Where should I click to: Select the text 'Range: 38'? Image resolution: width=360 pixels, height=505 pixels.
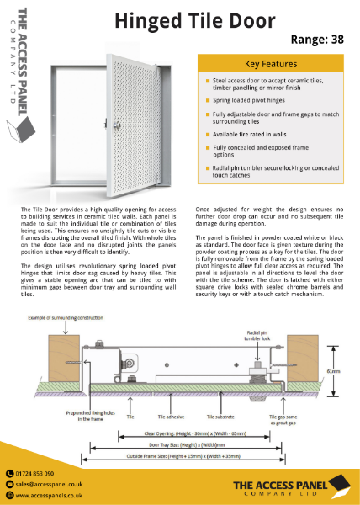[x=317, y=39]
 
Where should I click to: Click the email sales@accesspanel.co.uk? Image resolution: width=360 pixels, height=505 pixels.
[x=50, y=485]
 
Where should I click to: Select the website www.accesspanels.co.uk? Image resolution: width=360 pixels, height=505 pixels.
[x=52, y=496]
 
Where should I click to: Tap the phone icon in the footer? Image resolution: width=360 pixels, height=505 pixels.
[x=9, y=474]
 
